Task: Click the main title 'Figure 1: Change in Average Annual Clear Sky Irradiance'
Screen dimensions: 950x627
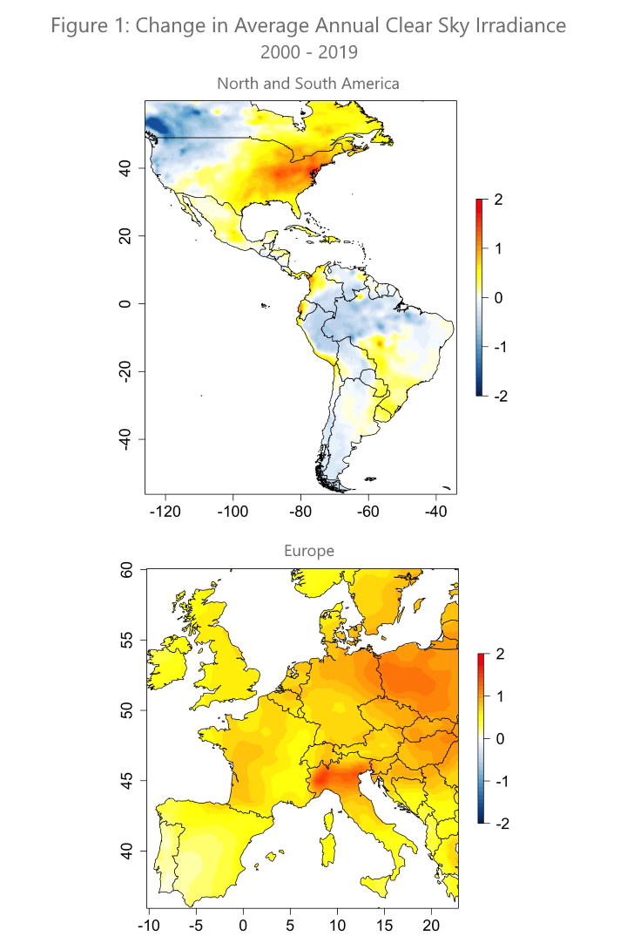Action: (309, 25)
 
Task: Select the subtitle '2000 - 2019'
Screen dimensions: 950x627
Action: (309, 52)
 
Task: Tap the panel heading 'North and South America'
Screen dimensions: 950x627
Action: (308, 84)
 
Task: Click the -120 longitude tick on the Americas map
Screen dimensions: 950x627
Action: (165, 511)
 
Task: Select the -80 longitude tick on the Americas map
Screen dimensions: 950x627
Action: (300, 511)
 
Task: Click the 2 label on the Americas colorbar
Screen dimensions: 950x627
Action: (498, 200)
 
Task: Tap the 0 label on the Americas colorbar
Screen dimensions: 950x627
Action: (498, 298)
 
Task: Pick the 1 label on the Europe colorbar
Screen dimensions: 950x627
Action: (498, 696)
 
